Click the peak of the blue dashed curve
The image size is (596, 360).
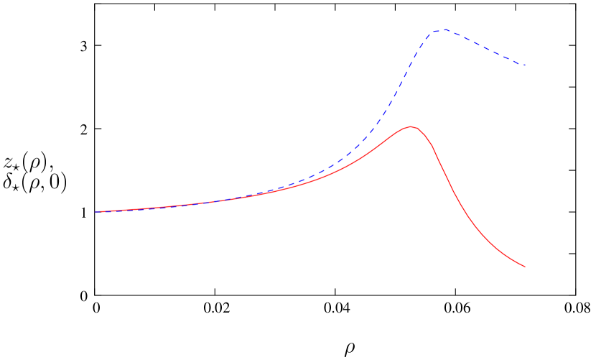click(x=444, y=29)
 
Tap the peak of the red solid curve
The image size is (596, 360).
click(x=411, y=126)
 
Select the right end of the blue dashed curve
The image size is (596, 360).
click(x=525, y=65)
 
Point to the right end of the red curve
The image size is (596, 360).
click(x=525, y=267)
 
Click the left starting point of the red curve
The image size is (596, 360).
click(x=96, y=212)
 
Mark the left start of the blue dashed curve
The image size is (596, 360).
click(x=96, y=212)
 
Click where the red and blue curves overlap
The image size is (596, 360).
click(x=180, y=205)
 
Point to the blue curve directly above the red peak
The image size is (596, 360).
click(x=411, y=63)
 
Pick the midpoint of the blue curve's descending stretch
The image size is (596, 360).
click(x=485, y=47)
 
